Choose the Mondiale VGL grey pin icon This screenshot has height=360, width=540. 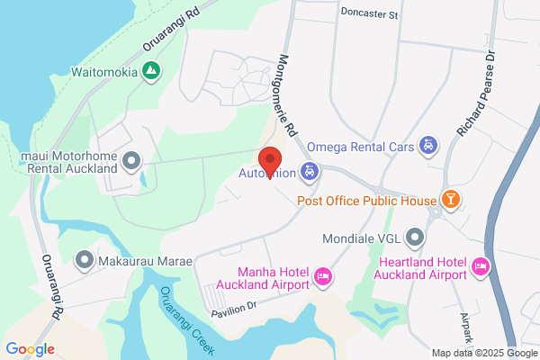pyautogui.click(x=414, y=239)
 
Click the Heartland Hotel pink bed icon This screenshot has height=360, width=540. pyautogui.click(x=481, y=265)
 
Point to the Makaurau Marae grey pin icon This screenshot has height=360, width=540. pyautogui.click(x=85, y=261)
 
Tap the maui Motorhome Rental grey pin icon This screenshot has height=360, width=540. pyautogui.click(x=131, y=162)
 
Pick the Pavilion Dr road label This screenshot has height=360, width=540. pyautogui.click(x=234, y=310)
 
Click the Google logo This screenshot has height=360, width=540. pyautogui.click(x=30, y=349)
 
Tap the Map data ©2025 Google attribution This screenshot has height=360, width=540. pyautogui.click(x=484, y=353)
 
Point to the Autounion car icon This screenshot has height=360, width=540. pyautogui.click(x=310, y=171)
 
